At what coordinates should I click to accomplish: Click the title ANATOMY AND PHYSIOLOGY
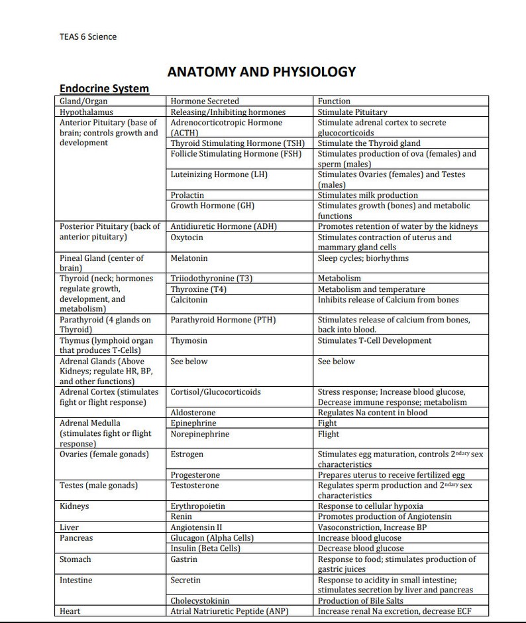(x=262, y=72)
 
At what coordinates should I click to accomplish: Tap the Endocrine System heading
(x=104, y=88)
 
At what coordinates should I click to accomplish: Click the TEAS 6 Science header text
(x=87, y=36)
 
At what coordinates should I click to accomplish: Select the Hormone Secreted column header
(x=205, y=102)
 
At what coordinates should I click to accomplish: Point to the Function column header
(x=334, y=102)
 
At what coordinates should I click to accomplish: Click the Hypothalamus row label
(x=86, y=112)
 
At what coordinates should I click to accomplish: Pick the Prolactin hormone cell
(x=187, y=195)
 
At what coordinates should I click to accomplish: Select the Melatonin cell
(x=189, y=258)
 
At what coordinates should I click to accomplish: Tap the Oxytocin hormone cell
(x=187, y=238)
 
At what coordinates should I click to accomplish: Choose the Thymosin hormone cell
(x=189, y=341)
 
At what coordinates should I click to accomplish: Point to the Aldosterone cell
(x=193, y=413)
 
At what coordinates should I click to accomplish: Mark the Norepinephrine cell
(x=200, y=435)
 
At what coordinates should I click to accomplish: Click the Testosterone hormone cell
(x=195, y=486)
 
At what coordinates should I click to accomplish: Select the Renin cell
(x=182, y=516)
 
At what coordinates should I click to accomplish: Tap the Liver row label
(x=69, y=527)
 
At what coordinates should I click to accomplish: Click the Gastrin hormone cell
(x=185, y=559)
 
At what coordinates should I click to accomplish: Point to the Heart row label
(x=70, y=611)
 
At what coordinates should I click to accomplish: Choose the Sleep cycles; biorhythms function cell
(x=363, y=258)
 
